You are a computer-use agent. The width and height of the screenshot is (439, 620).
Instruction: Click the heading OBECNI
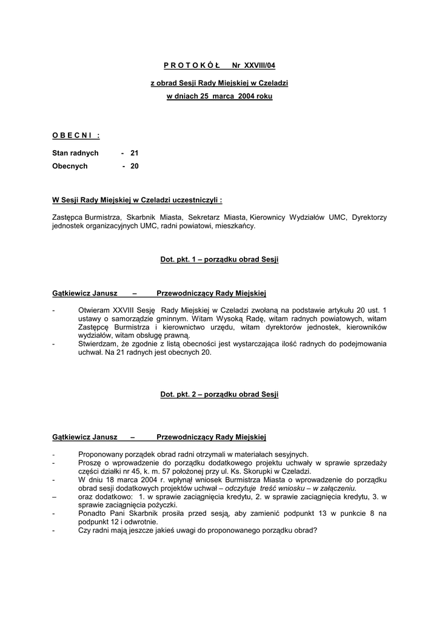(x=75, y=135)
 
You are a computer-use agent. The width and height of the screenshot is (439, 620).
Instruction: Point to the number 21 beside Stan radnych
(x=135, y=153)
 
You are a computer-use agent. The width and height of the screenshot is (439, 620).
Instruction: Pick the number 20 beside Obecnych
(x=135, y=166)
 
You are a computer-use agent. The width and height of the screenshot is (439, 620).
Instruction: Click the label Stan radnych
(x=75, y=153)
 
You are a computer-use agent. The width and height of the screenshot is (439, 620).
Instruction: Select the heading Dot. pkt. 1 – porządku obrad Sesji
(x=219, y=259)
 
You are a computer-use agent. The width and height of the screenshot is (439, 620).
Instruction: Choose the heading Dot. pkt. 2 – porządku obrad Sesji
(x=219, y=394)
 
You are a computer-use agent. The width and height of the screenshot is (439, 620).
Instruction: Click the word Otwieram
(x=94, y=309)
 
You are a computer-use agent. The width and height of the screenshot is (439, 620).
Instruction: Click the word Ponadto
(x=92, y=513)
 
